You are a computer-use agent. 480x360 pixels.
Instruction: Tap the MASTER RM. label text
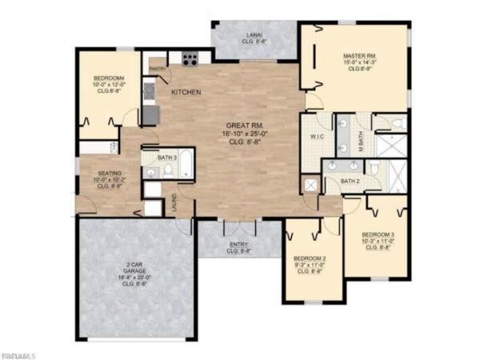point(361,55)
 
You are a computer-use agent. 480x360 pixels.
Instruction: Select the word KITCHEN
point(186,93)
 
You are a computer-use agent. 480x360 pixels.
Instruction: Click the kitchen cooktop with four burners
point(190,58)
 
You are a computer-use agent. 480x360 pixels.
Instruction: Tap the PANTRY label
point(157,69)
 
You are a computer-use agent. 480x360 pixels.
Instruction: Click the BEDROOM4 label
point(107,78)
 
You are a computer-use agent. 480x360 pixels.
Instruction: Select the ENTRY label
point(238,245)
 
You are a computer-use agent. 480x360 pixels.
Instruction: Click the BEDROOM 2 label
point(308,259)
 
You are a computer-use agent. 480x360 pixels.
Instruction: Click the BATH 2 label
point(350,181)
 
